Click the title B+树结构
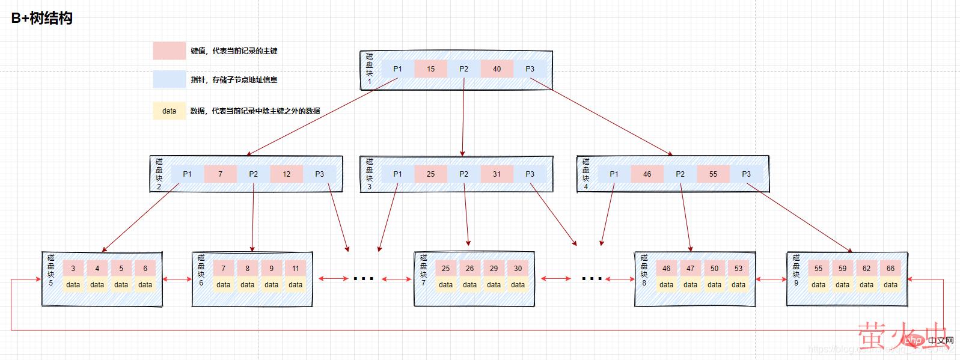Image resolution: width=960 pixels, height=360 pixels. tap(42, 18)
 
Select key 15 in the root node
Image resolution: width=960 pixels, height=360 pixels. tap(430, 69)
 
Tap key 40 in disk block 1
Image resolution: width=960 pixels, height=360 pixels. tap(497, 69)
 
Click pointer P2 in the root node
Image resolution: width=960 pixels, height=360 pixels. tap(463, 69)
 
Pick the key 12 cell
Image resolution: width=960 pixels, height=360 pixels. tap(286, 174)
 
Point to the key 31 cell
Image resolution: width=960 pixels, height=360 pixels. tap(497, 174)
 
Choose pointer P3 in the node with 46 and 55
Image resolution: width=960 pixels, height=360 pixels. tap(746, 174)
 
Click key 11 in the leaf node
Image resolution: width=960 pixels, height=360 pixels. tap(295, 269)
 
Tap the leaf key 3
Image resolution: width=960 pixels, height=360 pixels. tap(73, 269)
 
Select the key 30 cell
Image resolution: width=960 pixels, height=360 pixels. tap(518, 269)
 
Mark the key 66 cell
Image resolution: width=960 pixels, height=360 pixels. tap(890, 269)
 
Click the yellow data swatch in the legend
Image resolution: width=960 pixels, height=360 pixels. tap(169, 111)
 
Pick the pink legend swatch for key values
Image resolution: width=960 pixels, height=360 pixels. tap(169, 51)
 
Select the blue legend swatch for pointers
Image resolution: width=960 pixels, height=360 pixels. tap(169, 80)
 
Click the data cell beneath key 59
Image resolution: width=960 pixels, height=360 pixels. tap(842, 285)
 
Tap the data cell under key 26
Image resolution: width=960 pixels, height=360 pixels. tap(469, 285)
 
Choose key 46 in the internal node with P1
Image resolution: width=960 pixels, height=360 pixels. tap(647, 174)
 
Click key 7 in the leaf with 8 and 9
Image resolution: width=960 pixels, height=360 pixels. tap(223, 269)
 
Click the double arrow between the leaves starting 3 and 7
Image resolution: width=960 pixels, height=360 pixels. tap(177, 279)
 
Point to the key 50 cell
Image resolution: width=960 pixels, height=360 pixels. tap(714, 269)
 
